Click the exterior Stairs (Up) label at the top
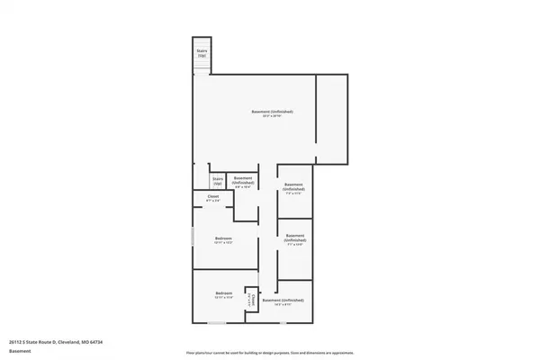[x=202, y=53]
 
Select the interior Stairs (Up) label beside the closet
[x=217, y=181]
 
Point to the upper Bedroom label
[x=223, y=238]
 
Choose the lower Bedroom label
[x=223, y=293]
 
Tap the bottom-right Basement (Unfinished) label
[x=283, y=300]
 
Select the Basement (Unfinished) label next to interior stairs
[x=243, y=180]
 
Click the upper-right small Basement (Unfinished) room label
[x=294, y=186]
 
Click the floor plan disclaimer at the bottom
[x=270, y=352]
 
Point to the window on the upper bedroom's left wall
[x=193, y=238]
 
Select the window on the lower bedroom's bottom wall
[x=216, y=322]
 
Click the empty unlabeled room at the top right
[x=331, y=119]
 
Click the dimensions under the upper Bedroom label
[x=223, y=243]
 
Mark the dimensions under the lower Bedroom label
[x=223, y=298]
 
